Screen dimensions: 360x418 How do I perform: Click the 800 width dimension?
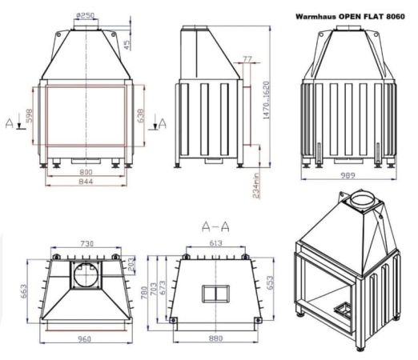85,171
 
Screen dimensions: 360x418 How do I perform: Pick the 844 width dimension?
85,182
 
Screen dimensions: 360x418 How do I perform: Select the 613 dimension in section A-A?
214,243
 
